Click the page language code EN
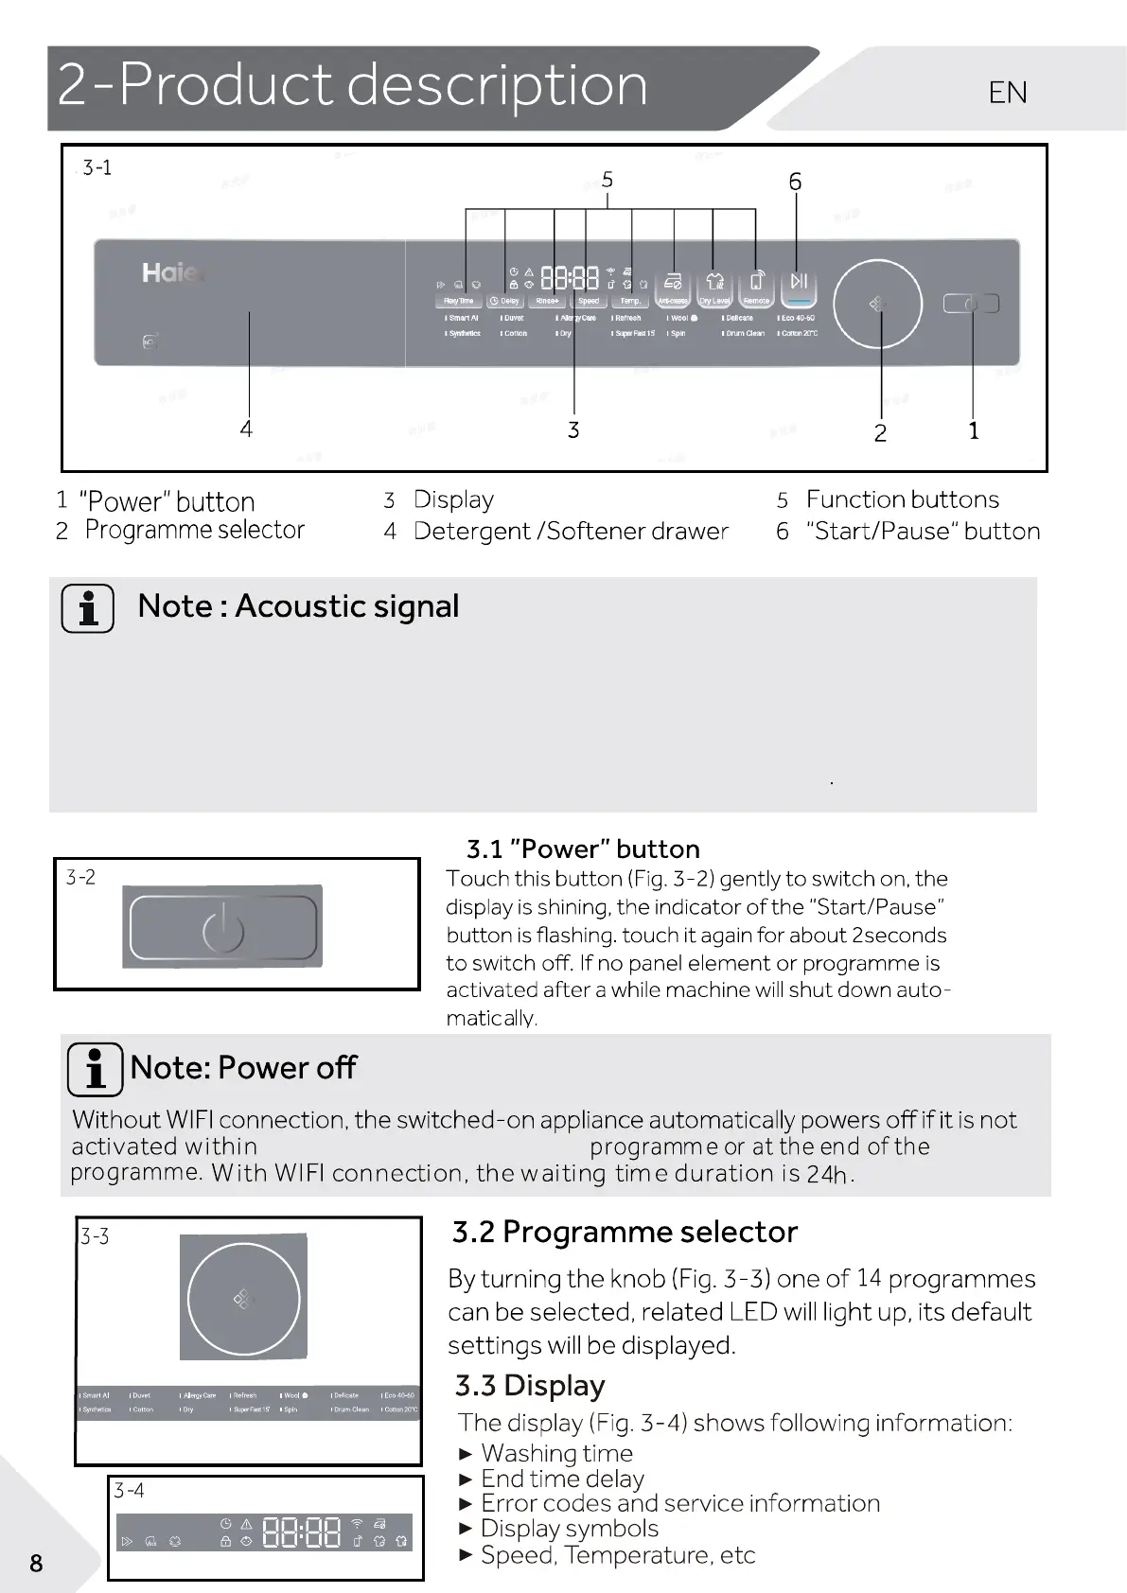(x=1008, y=93)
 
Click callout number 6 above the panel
(x=795, y=182)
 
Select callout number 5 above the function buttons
(x=608, y=179)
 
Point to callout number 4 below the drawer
(x=246, y=429)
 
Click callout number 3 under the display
(x=572, y=430)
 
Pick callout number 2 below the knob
(x=880, y=433)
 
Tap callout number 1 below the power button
(x=974, y=431)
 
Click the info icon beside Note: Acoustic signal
(x=88, y=608)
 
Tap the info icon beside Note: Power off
(x=96, y=1069)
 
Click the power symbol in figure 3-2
(x=223, y=928)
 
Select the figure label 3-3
(x=95, y=1236)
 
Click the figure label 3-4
(x=130, y=1492)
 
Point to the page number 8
(x=36, y=1563)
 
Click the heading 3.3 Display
(x=530, y=1386)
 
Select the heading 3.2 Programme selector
(x=625, y=1233)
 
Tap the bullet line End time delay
(x=562, y=1479)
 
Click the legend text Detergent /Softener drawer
(x=571, y=532)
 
